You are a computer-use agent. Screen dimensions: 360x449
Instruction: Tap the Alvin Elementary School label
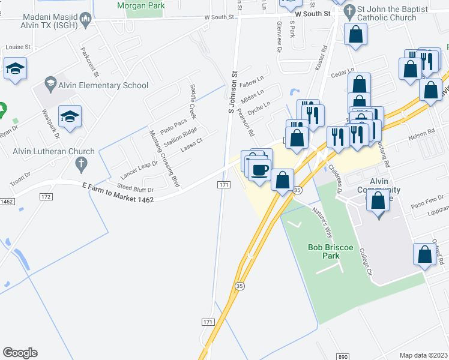(x=103, y=85)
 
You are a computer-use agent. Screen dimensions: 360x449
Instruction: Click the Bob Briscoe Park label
(x=324, y=251)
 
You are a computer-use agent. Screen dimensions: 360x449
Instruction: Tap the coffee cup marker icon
(x=260, y=170)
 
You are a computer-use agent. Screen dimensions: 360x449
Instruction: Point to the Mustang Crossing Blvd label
(x=164, y=158)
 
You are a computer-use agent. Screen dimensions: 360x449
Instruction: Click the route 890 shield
(x=343, y=356)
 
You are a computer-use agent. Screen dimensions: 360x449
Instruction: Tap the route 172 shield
(x=46, y=197)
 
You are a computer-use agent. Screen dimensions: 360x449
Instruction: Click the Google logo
(x=20, y=353)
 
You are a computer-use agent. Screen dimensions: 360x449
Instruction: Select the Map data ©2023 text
(x=423, y=355)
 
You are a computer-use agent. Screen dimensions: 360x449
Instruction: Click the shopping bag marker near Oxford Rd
(x=424, y=253)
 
